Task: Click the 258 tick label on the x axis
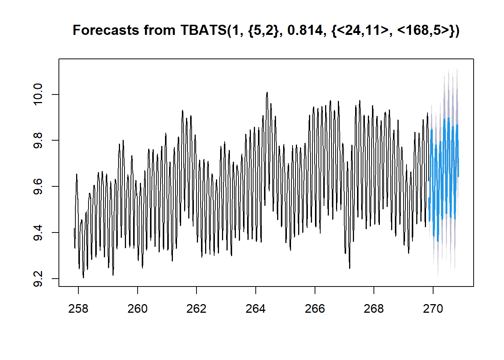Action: pyautogui.click(x=78, y=309)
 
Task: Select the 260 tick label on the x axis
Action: pyautogui.click(x=138, y=309)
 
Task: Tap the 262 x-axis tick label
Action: pyautogui.click(x=196, y=309)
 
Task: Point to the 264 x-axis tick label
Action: pyautogui.click(x=256, y=309)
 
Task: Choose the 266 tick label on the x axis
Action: pyautogui.click(x=315, y=309)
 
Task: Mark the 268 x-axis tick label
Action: pyautogui.click(x=374, y=309)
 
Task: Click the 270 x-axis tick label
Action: pyautogui.click(x=433, y=309)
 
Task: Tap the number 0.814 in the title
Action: pyautogui.click(x=304, y=30)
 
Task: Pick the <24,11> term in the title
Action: pyautogui.click(x=362, y=30)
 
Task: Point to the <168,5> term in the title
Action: pyautogui.click(x=423, y=30)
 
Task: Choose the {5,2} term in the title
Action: pyautogui.click(x=263, y=30)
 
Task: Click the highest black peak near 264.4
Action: pyautogui.click(x=267, y=92)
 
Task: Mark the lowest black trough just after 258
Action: pyautogui.click(x=83, y=277)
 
